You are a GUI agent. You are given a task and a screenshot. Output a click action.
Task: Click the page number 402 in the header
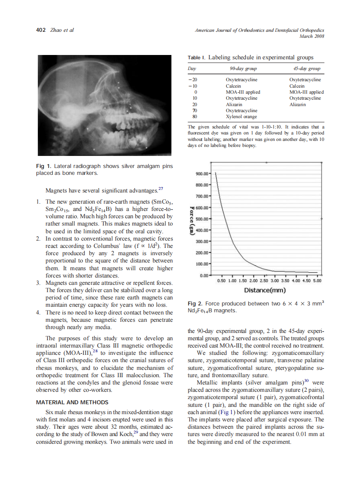tap(40, 30)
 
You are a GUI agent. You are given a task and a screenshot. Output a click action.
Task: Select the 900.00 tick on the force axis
tap(202, 174)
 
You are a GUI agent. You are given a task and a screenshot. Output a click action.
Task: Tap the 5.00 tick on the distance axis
tap(317, 281)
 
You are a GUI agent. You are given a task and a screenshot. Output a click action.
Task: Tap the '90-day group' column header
tap(243, 69)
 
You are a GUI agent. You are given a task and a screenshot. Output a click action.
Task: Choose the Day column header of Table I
tap(192, 69)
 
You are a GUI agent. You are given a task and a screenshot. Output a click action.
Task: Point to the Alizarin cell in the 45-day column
tap(297, 104)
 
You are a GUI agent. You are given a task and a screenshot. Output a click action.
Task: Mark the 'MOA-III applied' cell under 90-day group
tap(243, 92)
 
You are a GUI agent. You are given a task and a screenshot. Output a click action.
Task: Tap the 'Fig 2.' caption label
tap(195, 304)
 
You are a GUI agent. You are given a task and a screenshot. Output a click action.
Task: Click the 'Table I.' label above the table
tap(197, 58)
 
